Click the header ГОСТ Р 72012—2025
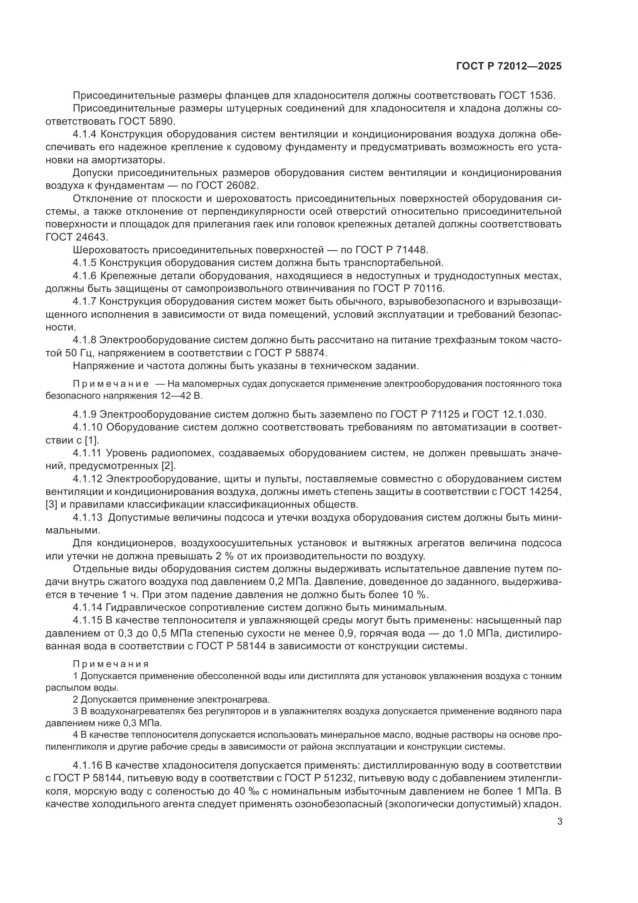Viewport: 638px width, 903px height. [509, 66]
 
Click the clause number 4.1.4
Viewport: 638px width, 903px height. [84, 134]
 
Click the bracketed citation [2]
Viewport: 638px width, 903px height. [168, 466]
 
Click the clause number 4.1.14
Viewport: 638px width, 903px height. [87, 608]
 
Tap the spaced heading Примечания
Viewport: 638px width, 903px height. [111, 664]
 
